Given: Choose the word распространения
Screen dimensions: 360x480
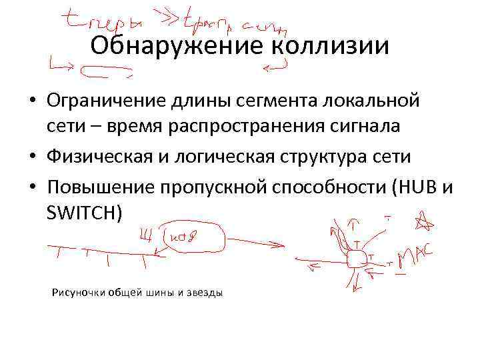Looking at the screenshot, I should pyautogui.click(x=224, y=127).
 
